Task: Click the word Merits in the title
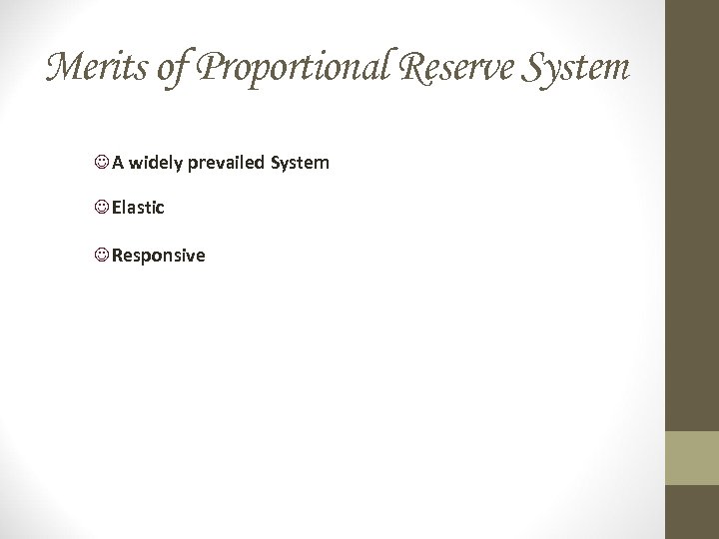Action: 94,68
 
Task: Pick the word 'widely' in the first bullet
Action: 155,162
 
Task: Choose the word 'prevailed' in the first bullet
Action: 226,162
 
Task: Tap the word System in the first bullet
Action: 300,162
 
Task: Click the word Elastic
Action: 138,208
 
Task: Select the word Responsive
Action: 158,256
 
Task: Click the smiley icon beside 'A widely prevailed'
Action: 102,162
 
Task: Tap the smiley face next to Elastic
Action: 102,208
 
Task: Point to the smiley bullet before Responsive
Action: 102,256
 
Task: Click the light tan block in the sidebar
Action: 691,457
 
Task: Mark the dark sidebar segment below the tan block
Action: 691,512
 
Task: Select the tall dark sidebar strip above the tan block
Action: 691,215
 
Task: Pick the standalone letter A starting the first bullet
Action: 118,162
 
